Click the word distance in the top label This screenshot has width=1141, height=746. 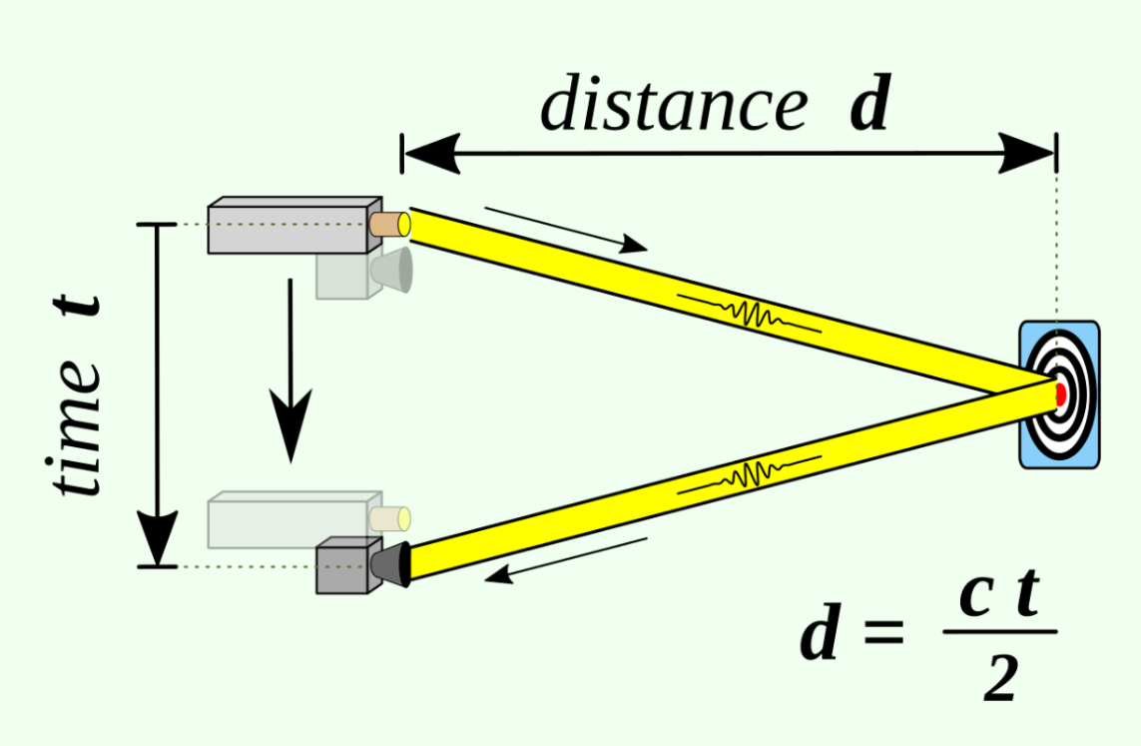[674, 103]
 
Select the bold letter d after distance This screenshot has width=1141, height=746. [870, 103]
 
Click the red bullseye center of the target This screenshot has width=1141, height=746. [1060, 394]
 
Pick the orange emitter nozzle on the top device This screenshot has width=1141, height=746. [389, 224]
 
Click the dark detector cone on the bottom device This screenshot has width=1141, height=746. [390, 564]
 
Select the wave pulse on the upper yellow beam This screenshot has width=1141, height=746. [749, 313]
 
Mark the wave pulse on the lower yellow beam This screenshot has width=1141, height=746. [749, 475]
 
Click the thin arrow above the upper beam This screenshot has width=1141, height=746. [566, 230]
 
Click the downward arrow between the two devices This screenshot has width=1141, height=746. [290, 371]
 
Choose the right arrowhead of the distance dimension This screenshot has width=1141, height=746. [1026, 154]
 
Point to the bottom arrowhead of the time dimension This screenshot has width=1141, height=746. [157, 538]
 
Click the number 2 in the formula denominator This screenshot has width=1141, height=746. [1000, 678]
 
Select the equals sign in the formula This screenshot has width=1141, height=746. [883, 630]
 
